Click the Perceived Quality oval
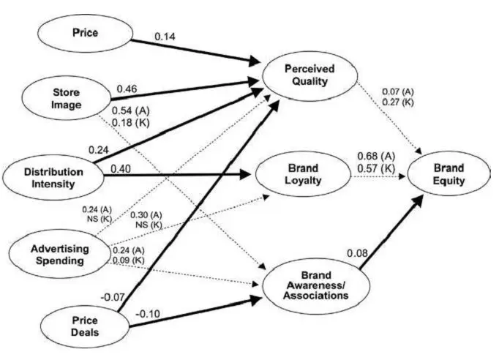click(309, 75)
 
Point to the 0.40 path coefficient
click(121, 169)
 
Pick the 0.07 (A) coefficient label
click(399, 91)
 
